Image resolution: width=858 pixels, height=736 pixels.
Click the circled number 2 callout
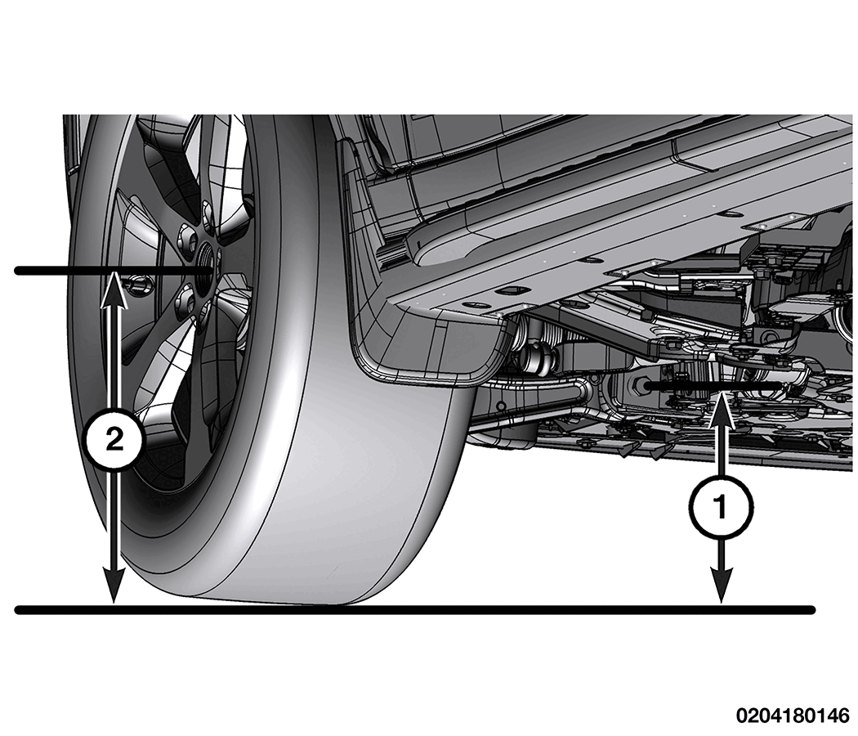tap(114, 440)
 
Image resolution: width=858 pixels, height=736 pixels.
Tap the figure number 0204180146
tap(793, 716)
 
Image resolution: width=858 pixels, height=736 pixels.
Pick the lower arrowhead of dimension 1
tap(722, 586)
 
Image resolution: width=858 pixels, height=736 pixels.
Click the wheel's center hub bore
tap(206, 261)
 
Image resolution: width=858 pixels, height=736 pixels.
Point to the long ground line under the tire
tap(415, 609)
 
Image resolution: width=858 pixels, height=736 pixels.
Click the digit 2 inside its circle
tap(114, 440)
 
